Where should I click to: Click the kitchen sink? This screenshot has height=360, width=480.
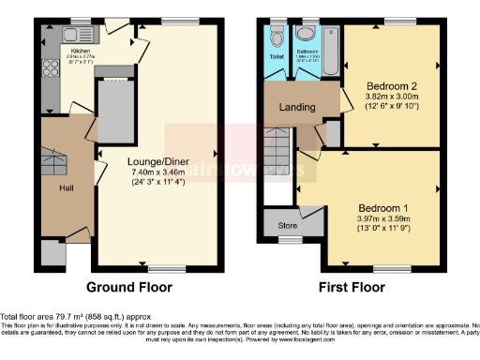click(74, 35)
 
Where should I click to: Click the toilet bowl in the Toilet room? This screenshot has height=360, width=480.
click(277, 38)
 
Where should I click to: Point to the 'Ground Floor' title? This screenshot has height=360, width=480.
click(126, 286)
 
